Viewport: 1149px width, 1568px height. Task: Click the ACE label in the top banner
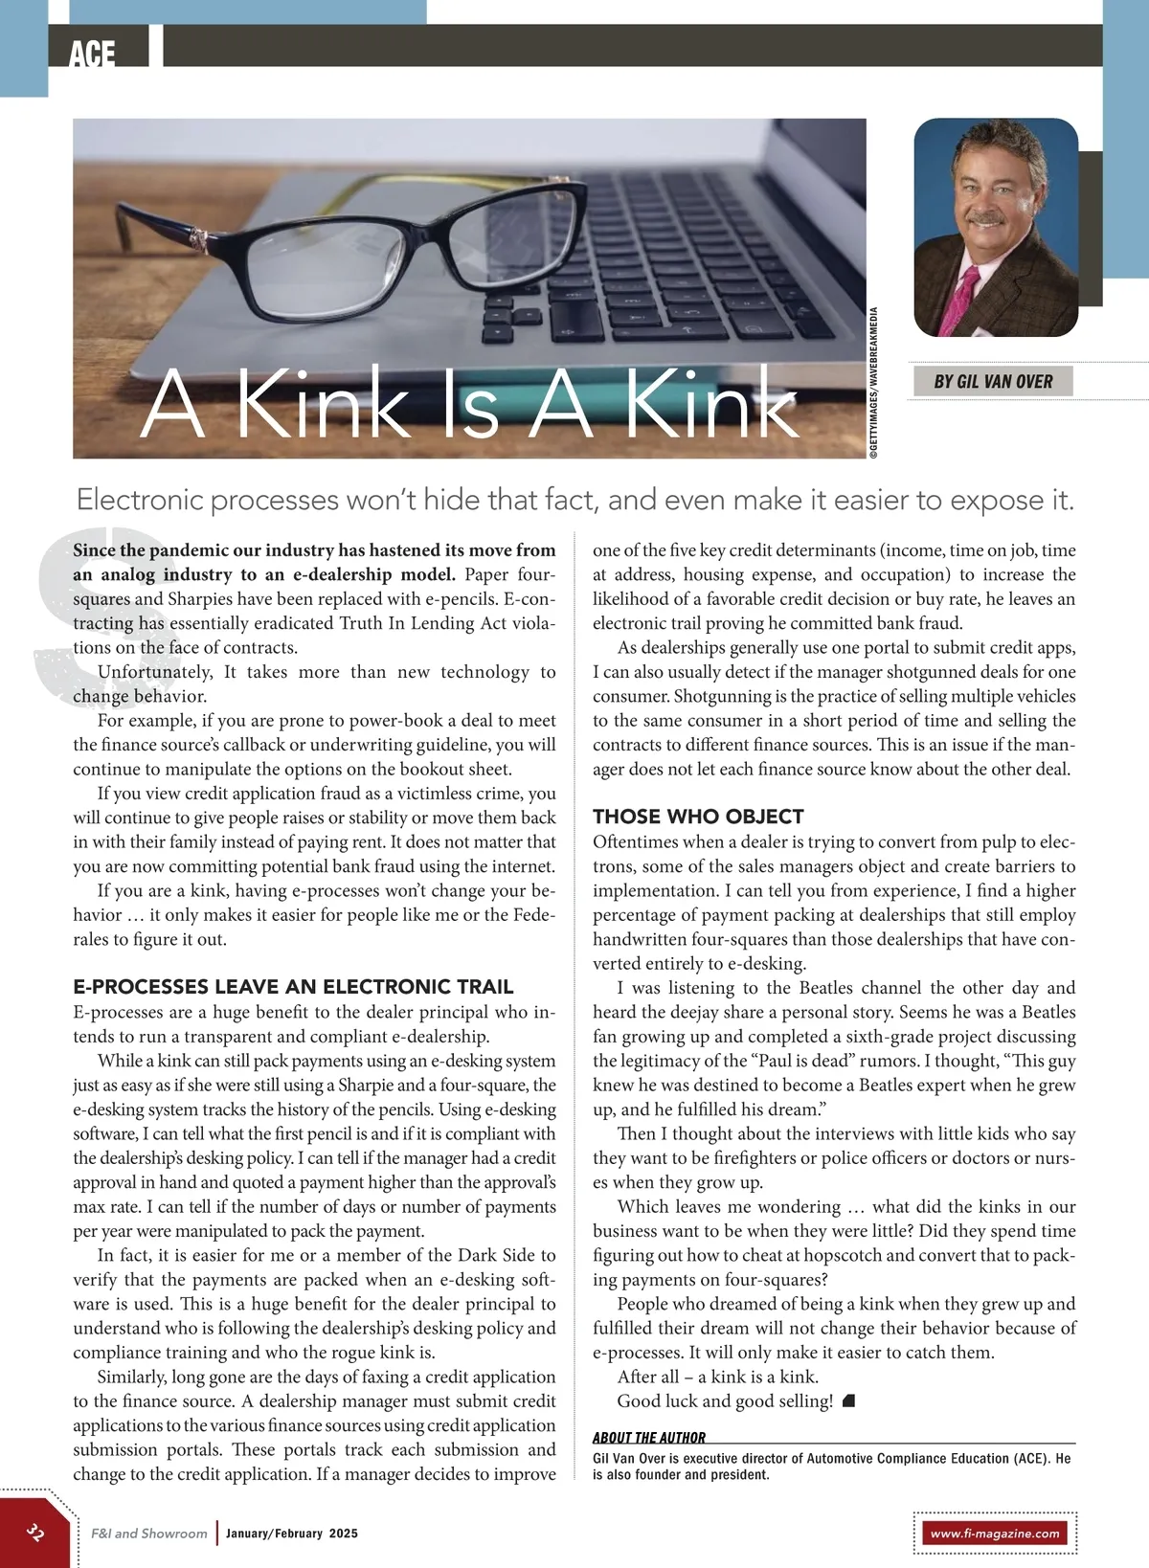coord(92,54)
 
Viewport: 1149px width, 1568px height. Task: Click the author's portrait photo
coord(996,227)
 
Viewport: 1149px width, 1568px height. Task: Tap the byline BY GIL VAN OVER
coord(993,382)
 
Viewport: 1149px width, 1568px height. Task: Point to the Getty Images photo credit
coord(873,383)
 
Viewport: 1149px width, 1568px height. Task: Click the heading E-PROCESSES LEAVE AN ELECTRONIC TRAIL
coord(293,987)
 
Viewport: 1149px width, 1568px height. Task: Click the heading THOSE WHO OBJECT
coord(698,817)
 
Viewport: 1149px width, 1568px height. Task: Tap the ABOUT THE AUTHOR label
coord(648,1438)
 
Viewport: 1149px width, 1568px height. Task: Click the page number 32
coord(35,1532)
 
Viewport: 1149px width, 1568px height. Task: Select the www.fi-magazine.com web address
coord(995,1534)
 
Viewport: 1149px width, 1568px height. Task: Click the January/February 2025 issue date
coord(292,1534)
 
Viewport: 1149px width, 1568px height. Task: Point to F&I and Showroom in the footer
coord(149,1534)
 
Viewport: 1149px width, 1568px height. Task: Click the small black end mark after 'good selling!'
coord(848,1401)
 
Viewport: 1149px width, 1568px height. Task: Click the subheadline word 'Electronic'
coord(140,500)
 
